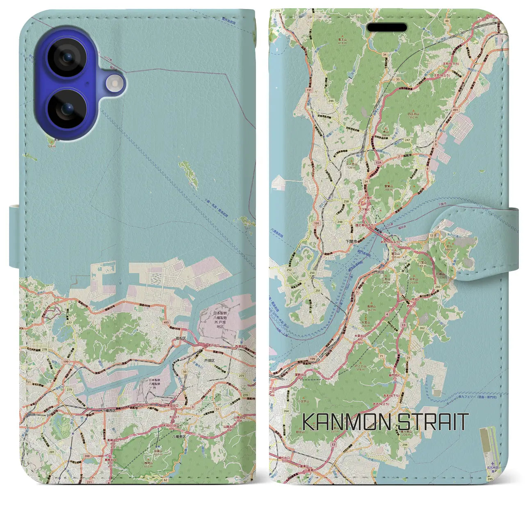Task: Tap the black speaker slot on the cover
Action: coord(387,27)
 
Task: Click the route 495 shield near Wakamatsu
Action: coord(167,323)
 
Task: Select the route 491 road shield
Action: coord(455,110)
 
